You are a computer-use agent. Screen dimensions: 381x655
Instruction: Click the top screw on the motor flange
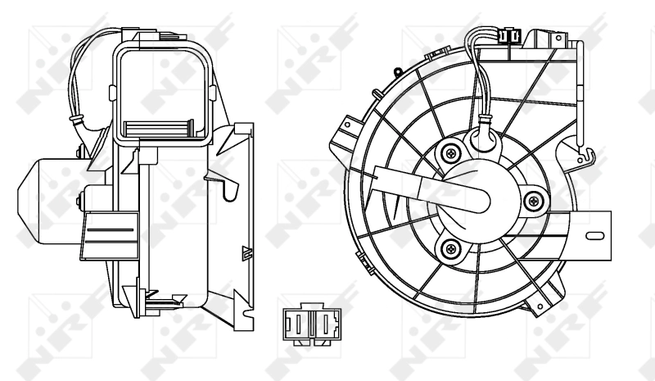(449, 152)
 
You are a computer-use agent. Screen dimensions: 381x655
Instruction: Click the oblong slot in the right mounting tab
(596, 236)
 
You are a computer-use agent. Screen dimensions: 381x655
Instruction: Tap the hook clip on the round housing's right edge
(583, 150)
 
